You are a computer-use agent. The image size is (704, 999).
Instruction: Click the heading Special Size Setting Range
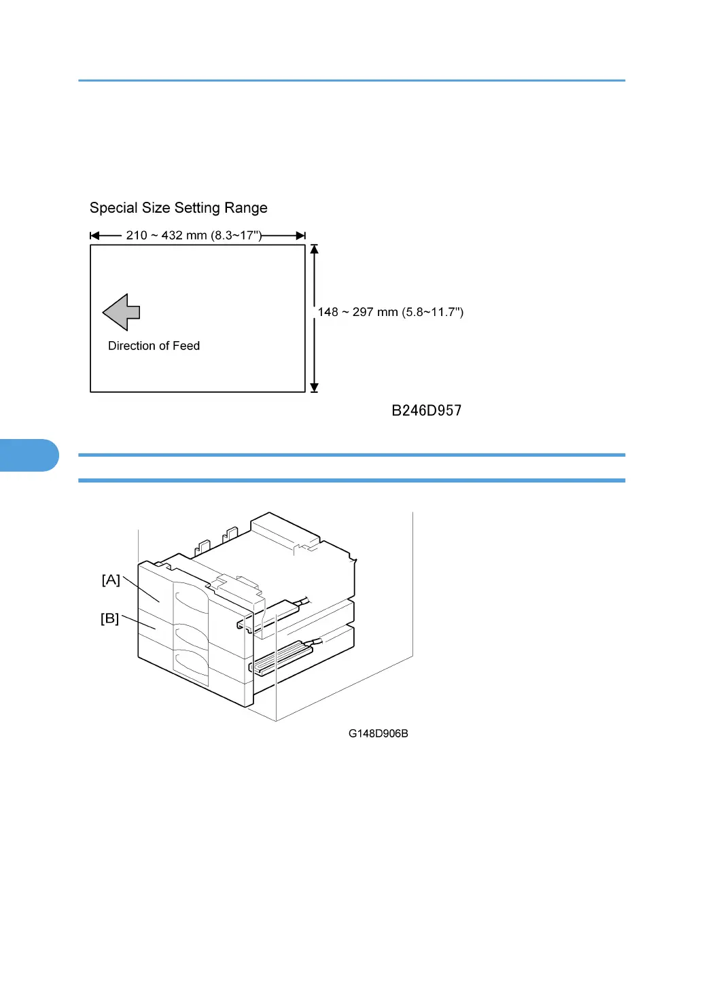click(x=178, y=208)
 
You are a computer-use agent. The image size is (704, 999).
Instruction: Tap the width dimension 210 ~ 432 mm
click(x=194, y=235)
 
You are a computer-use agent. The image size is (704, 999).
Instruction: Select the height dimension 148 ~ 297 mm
click(x=390, y=312)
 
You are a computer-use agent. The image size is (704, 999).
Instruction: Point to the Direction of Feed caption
click(x=154, y=346)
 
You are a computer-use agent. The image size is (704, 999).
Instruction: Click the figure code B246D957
click(x=426, y=410)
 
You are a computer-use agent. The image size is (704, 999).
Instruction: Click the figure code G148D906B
click(x=378, y=733)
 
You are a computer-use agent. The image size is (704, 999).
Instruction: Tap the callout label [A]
click(x=111, y=580)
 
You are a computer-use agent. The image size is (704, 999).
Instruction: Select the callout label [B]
click(x=109, y=618)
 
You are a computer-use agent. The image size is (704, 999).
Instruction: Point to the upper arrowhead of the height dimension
click(x=314, y=249)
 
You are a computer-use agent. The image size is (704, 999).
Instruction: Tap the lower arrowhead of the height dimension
click(x=314, y=387)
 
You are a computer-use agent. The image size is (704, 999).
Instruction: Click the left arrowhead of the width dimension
click(x=95, y=236)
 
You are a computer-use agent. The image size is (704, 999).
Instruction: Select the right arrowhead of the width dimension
click(x=300, y=236)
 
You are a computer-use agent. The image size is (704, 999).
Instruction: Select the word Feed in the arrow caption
click(x=186, y=346)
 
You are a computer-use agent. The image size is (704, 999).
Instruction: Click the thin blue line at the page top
click(x=351, y=80)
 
